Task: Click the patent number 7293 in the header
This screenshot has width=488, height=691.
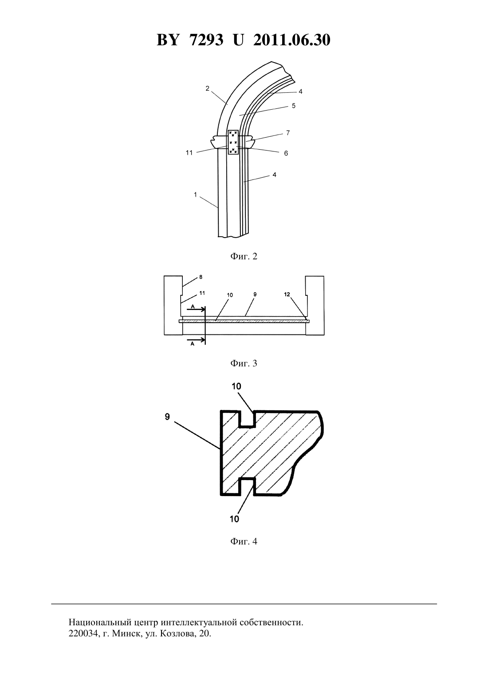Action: (x=206, y=40)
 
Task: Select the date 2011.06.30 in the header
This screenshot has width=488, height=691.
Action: (x=292, y=40)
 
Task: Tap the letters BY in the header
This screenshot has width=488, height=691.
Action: (x=168, y=40)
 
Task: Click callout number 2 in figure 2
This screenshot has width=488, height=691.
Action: (x=207, y=88)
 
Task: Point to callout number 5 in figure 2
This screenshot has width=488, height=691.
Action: (x=294, y=106)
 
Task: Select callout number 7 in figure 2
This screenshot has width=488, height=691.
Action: (x=288, y=133)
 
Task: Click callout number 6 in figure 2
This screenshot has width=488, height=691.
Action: (x=286, y=153)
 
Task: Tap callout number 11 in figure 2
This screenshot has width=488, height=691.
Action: (x=189, y=152)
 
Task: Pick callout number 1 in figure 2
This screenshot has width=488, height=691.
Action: (x=195, y=195)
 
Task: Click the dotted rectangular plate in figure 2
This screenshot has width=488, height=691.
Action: (x=233, y=142)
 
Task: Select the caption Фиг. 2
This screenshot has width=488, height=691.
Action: (x=244, y=256)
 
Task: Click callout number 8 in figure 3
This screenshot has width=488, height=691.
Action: (x=201, y=277)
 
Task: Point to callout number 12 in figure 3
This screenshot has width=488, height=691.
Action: (x=287, y=294)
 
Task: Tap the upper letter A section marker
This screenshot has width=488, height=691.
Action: (x=193, y=306)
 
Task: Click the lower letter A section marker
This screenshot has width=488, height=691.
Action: (x=193, y=344)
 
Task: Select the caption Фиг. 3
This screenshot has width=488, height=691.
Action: (x=244, y=363)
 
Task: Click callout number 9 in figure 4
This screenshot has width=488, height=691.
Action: (x=167, y=417)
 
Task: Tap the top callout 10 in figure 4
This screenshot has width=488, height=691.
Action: (x=236, y=386)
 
